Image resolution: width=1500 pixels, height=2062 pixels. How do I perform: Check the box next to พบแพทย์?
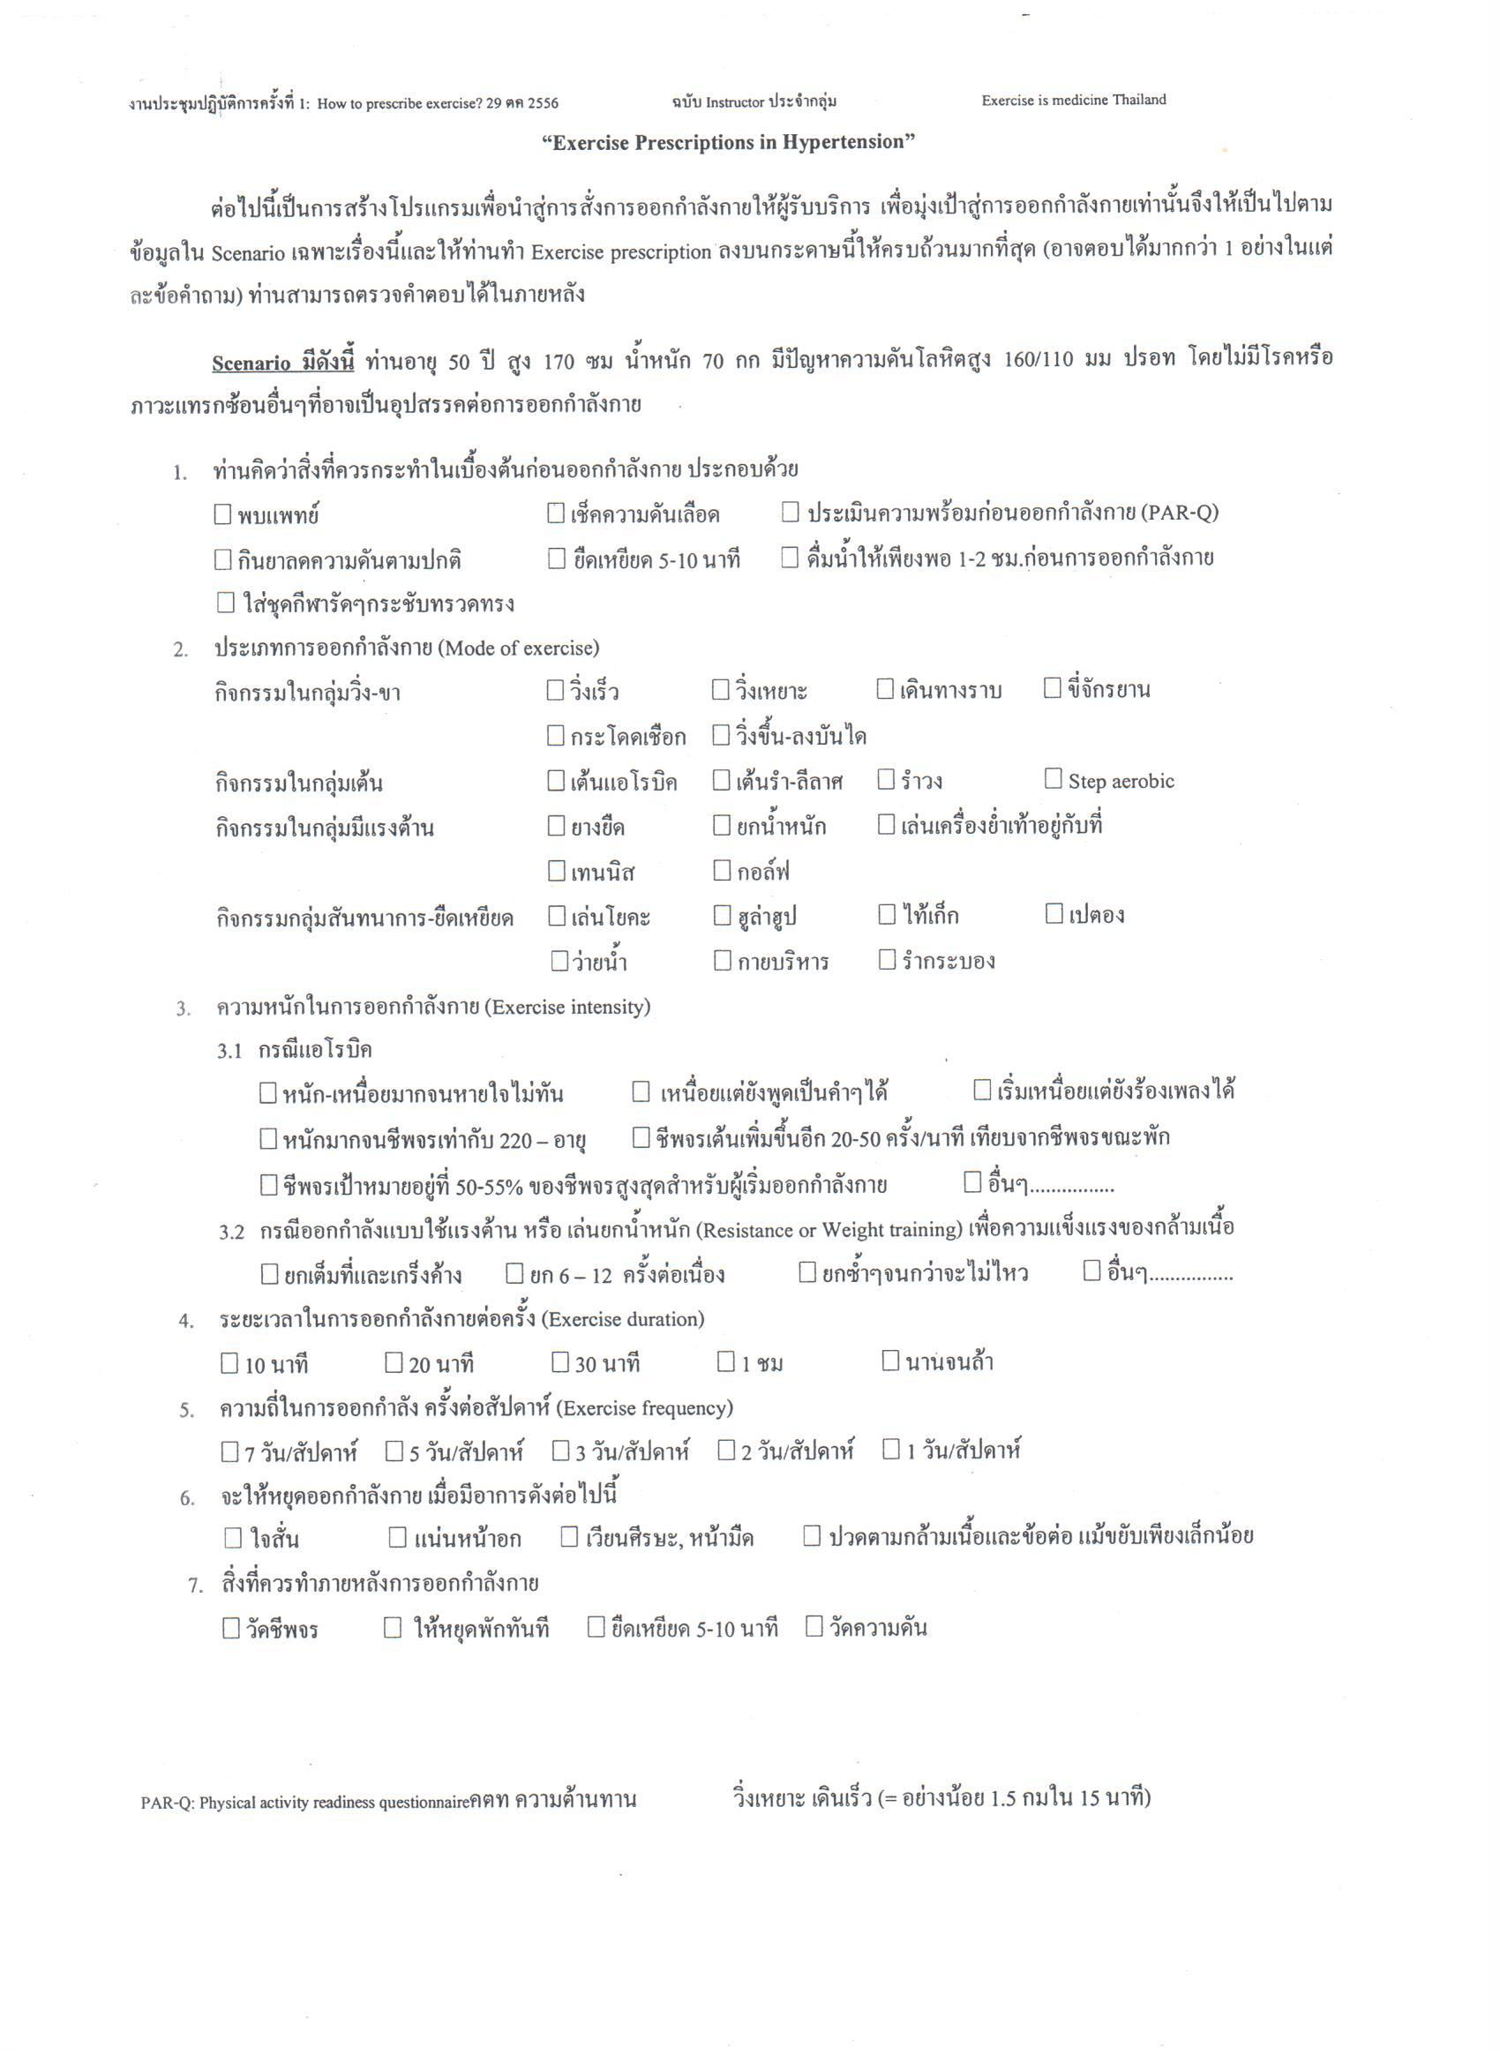coord(222,514)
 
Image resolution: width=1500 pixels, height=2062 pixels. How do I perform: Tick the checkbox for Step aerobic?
coord(1053,779)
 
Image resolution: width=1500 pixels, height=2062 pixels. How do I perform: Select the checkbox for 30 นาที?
coord(560,1362)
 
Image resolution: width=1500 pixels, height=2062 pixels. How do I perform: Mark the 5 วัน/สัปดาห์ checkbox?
coord(394,1451)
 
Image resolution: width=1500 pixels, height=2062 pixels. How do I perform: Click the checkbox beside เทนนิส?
coord(557,871)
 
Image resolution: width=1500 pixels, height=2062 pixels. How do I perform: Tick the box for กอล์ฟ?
coord(722,871)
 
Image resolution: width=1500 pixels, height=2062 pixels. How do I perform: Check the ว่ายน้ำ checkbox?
coord(560,960)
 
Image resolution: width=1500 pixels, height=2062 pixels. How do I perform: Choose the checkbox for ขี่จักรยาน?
coord(1052,688)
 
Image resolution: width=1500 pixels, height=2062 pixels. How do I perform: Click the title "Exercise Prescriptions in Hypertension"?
coord(728,142)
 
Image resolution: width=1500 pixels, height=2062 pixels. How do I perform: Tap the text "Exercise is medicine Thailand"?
coord(1073,100)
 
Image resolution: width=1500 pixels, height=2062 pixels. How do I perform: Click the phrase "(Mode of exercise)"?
coord(518,649)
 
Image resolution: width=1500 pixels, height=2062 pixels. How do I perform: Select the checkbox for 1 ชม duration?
coord(725,1361)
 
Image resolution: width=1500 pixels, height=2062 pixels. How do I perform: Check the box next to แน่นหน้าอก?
coord(397,1537)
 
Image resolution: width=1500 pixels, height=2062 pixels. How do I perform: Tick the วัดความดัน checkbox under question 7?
coord(814,1625)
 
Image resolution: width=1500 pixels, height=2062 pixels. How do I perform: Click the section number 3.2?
coord(231,1232)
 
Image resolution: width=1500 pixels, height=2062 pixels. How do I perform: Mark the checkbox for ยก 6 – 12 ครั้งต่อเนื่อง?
coord(514,1273)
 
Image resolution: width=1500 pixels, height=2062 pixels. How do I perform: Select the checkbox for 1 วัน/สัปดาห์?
coord(891,1449)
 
